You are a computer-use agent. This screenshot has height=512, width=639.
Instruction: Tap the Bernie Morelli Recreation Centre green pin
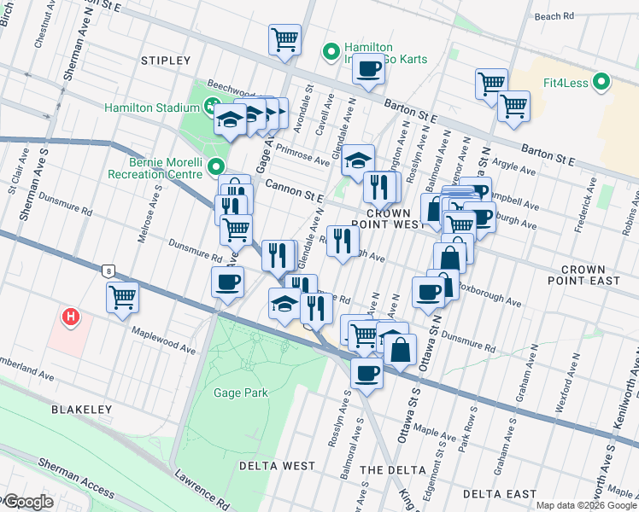click(216, 167)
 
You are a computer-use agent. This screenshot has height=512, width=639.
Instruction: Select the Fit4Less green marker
click(602, 83)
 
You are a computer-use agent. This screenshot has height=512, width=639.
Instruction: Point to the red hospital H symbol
click(72, 318)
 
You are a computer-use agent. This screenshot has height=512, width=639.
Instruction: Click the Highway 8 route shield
click(108, 271)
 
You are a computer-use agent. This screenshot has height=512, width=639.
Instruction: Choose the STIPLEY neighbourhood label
click(167, 61)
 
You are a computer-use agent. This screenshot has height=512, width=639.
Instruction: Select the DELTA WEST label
click(277, 466)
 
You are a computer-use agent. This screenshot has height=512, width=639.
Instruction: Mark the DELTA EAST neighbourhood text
click(498, 494)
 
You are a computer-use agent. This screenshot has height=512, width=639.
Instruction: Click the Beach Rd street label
click(577, 16)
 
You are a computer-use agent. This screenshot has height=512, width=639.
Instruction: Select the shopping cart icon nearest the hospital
click(123, 296)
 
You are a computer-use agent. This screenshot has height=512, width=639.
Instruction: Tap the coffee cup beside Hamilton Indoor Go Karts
click(369, 70)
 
